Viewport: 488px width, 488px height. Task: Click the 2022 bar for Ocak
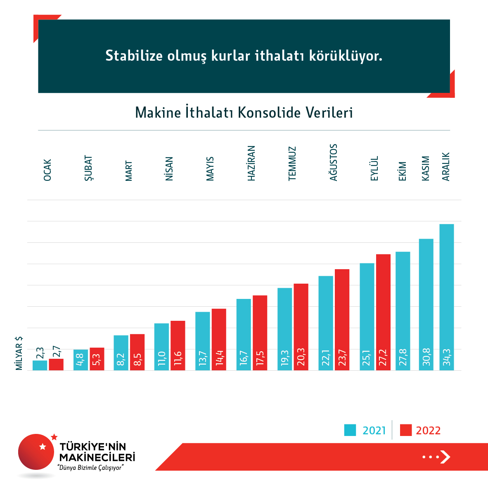click(x=56, y=364)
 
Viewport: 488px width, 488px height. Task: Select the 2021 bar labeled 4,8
click(x=81, y=360)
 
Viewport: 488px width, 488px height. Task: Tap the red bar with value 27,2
click(x=383, y=312)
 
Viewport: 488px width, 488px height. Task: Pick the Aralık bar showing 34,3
click(x=446, y=297)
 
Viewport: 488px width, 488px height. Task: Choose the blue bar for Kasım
click(x=426, y=304)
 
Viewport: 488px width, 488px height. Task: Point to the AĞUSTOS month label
click(x=334, y=162)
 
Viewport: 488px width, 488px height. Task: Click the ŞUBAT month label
click(x=88, y=168)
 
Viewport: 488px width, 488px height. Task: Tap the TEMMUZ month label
click(x=292, y=163)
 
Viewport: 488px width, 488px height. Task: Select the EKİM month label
click(x=403, y=171)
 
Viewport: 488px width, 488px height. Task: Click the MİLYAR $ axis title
click(x=19, y=353)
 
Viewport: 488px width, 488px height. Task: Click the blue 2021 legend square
click(x=350, y=430)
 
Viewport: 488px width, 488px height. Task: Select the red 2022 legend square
click(x=406, y=430)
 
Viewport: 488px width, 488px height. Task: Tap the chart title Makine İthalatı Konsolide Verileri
click(x=244, y=112)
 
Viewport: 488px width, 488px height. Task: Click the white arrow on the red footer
click(x=445, y=457)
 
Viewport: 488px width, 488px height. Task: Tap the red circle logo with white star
click(x=36, y=452)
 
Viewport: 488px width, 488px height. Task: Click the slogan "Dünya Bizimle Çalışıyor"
click(x=91, y=468)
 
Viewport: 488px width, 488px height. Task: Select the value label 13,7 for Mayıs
click(x=202, y=358)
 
